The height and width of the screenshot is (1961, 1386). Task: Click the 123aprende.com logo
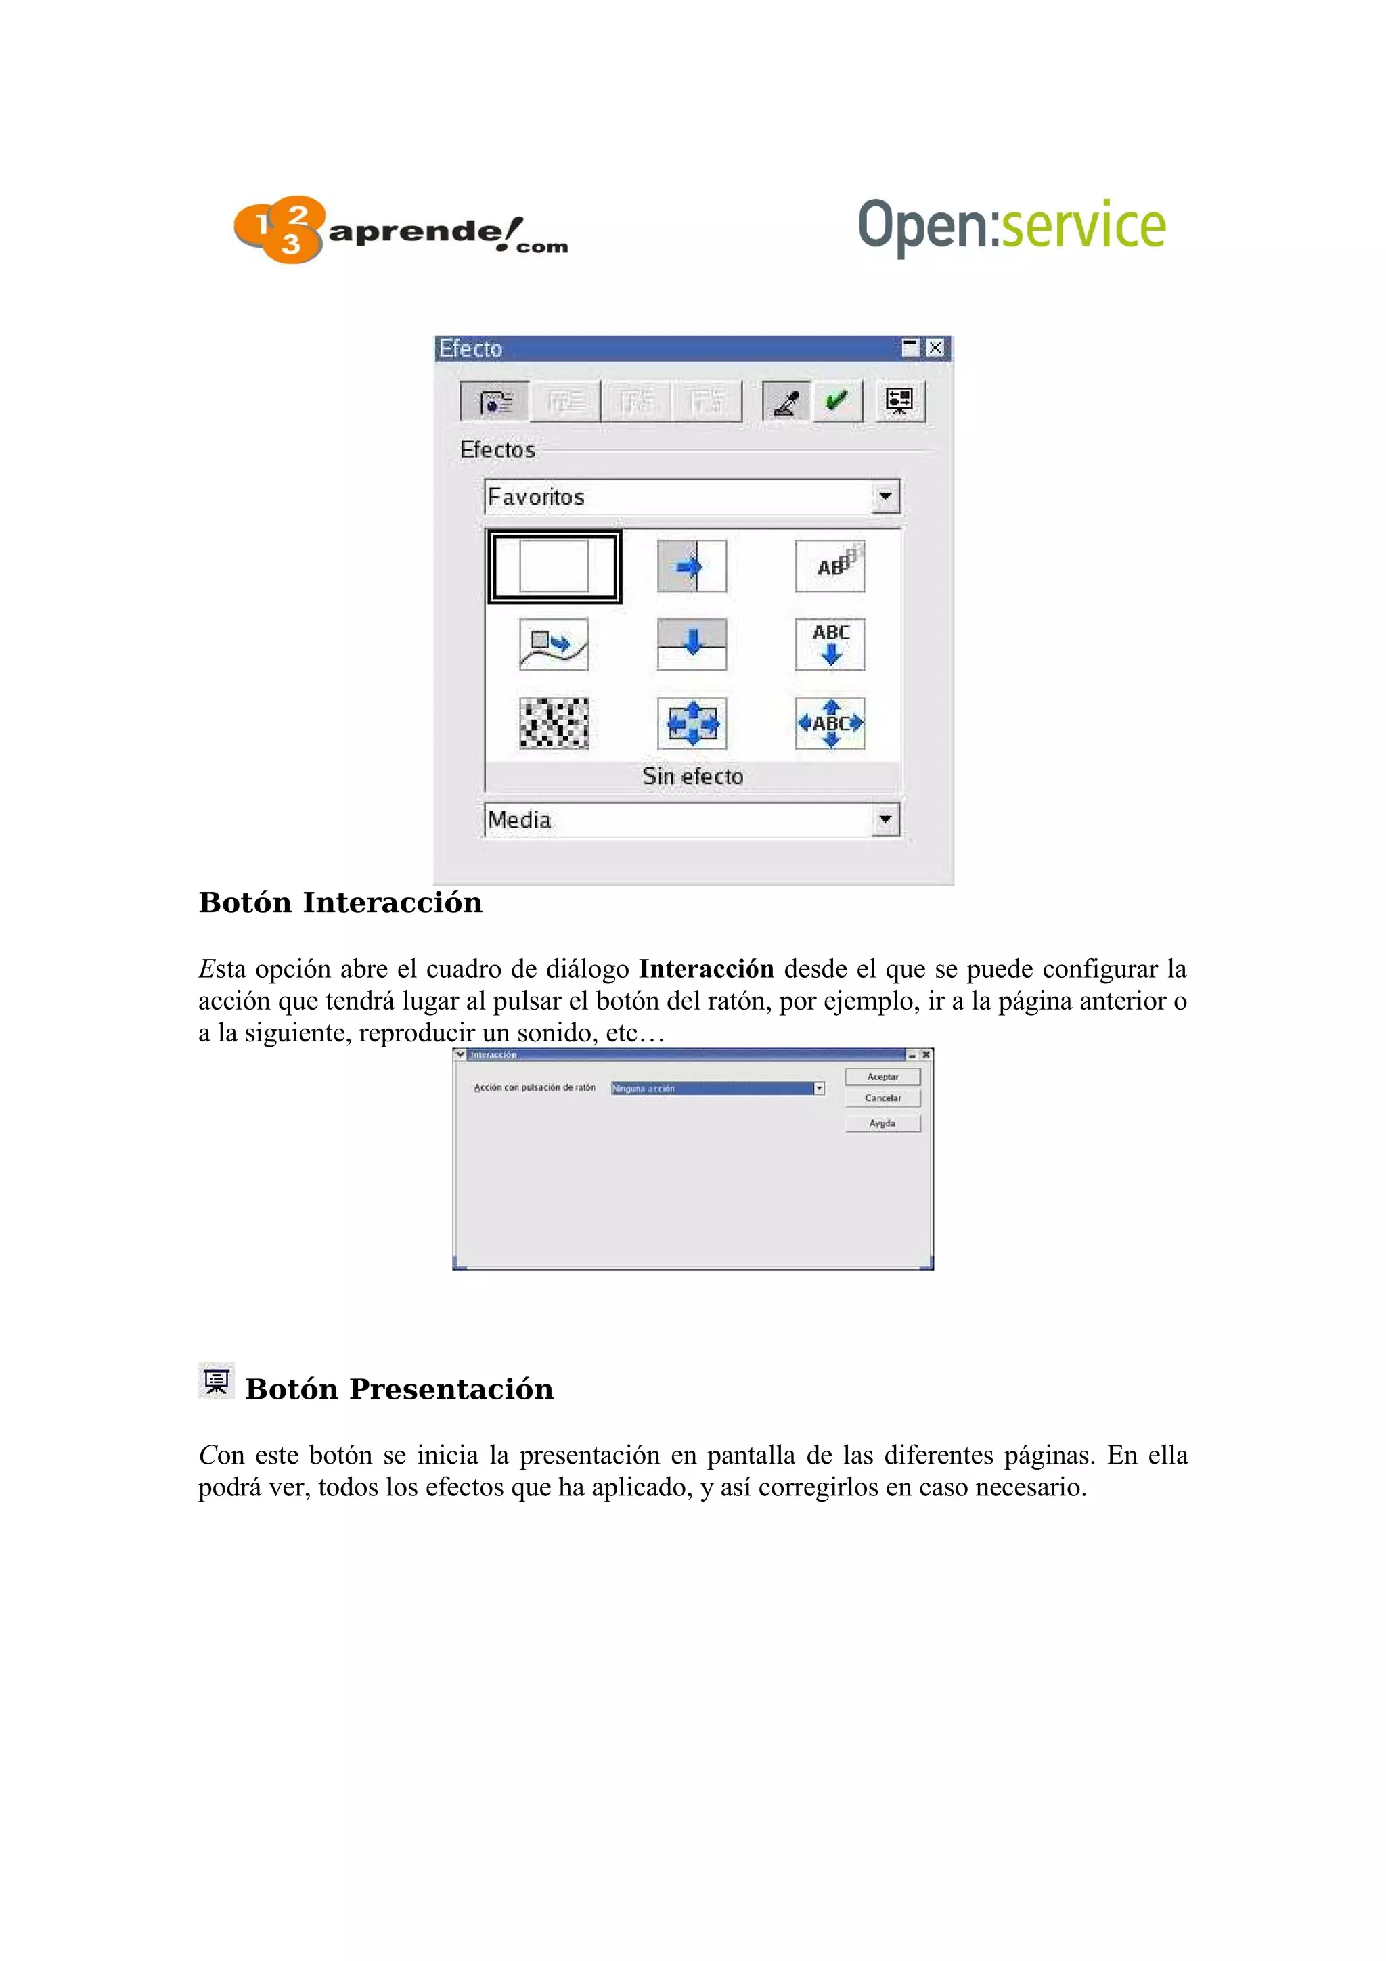400,231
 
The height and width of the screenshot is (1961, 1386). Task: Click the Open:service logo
1011,225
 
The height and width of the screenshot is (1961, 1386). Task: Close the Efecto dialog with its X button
935,348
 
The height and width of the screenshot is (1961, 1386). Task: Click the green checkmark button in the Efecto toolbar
836,401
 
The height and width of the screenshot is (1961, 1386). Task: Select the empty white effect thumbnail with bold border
554,566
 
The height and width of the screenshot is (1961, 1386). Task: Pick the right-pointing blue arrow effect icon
692,566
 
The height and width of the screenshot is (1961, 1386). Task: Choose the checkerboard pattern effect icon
554,723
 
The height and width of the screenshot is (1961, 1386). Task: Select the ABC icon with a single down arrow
830,644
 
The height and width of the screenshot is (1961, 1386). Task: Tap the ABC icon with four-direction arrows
830,723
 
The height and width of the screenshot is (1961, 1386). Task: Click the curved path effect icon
554,644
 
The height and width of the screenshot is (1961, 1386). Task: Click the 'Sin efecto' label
692,776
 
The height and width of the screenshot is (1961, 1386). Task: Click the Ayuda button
882,1123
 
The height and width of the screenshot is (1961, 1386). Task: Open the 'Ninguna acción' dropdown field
717,1088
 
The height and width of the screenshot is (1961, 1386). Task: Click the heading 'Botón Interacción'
340,903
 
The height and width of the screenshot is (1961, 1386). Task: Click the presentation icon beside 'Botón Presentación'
216,1380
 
